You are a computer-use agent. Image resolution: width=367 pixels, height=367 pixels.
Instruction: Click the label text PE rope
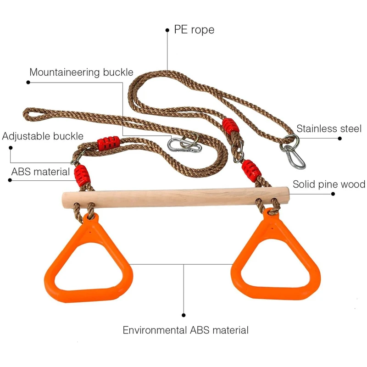[x=194, y=30]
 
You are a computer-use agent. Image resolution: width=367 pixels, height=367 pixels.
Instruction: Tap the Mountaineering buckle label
[x=81, y=72]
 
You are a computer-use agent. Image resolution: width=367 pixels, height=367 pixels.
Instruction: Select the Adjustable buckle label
[x=43, y=136]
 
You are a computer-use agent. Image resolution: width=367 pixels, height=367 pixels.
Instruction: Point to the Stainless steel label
[x=329, y=128]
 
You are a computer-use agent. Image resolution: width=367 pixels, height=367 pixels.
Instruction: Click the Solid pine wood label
[x=329, y=184]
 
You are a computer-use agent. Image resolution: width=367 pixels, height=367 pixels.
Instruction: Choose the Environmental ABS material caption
[x=185, y=330]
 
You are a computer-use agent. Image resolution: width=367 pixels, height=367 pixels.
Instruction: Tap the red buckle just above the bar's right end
[x=252, y=170]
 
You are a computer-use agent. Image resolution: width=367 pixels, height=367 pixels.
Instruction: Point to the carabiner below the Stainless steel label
[x=294, y=156]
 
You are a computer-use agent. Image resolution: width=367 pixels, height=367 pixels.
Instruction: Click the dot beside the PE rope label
[x=167, y=30]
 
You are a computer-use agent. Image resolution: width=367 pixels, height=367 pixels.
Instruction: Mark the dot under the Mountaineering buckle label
[x=28, y=83]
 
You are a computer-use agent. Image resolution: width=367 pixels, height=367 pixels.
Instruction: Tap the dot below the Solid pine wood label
[x=334, y=195]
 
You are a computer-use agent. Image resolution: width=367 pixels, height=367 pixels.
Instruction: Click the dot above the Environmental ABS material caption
[x=184, y=315]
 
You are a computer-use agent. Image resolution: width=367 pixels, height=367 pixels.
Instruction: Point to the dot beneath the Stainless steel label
[x=340, y=138]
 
